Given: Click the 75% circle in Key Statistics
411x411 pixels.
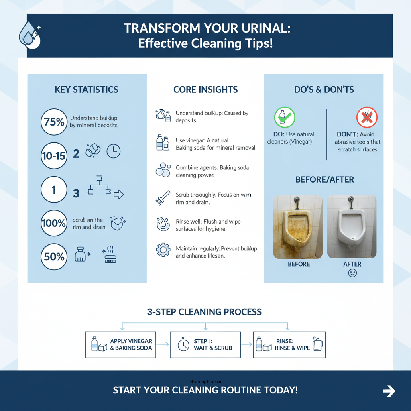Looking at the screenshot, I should pyautogui.click(x=54, y=122).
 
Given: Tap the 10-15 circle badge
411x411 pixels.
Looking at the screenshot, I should pyautogui.click(x=54, y=155).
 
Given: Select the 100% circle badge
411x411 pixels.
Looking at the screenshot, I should pyautogui.click(x=54, y=223).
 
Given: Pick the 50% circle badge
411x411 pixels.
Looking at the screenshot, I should pyautogui.click(x=54, y=256).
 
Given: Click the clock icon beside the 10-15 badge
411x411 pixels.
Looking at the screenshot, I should pyautogui.click(x=114, y=151).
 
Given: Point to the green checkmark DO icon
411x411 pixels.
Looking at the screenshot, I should pyautogui.click(x=285, y=118).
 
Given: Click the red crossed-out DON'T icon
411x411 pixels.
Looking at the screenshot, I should pyautogui.click(x=367, y=118).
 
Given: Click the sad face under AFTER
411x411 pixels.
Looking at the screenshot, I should pyautogui.click(x=352, y=273).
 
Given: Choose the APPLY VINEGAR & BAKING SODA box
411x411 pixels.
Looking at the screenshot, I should pyautogui.click(x=121, y=344).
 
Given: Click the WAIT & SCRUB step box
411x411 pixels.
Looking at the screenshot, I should pyautogui.click(x=205, y=344).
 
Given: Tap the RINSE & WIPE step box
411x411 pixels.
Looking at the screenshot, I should pyautogui.click(x=289, y=344).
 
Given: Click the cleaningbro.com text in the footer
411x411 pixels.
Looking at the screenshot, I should pyautogui.click(x=205, y=383).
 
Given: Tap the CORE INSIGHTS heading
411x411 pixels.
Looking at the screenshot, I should pyautogui.click(x=205, y=90).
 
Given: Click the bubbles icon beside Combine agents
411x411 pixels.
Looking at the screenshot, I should pyautogui.click(x=163, y=170).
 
